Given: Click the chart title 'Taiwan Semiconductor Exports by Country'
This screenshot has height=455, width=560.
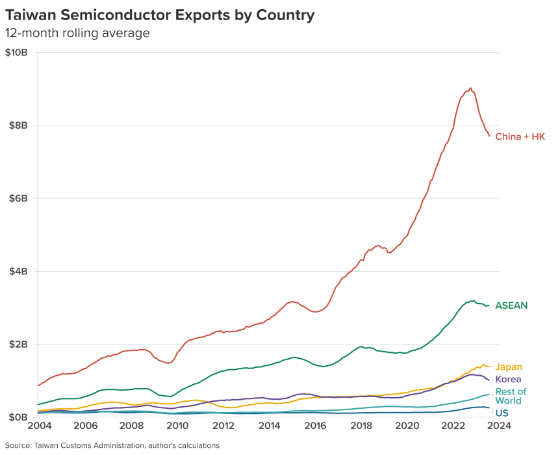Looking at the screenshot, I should [x=160, y=14].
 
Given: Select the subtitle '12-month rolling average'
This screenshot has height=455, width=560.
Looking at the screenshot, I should [x=77, y=33].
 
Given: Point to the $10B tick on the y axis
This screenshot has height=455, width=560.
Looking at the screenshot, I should [x=16, y=52].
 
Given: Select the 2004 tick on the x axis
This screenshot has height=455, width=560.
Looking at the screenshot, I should [x=38, y=426].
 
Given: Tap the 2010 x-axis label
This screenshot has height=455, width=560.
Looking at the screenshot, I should [x=177, y=426].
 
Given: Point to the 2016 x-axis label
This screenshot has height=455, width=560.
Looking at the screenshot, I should [x=315, y=426].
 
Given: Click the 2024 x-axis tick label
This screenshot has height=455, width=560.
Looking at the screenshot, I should [x=499, y=426].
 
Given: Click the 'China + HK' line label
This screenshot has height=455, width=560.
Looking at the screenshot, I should [x=520, y=136].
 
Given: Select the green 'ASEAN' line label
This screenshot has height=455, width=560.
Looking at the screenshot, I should [x=511, y=305].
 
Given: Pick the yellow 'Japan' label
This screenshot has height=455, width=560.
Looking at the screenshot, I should [x=509, y=367].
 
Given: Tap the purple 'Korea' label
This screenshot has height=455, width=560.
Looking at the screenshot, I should [x=508, y=380].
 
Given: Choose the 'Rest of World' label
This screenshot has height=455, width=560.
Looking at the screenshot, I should [x=511, y=396].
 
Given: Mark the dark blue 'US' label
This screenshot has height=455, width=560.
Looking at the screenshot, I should [x=502, y=413].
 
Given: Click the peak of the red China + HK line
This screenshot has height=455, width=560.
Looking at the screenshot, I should [x=470, y=88].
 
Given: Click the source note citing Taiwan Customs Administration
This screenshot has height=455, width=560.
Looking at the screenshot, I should [x=112, y=445].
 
